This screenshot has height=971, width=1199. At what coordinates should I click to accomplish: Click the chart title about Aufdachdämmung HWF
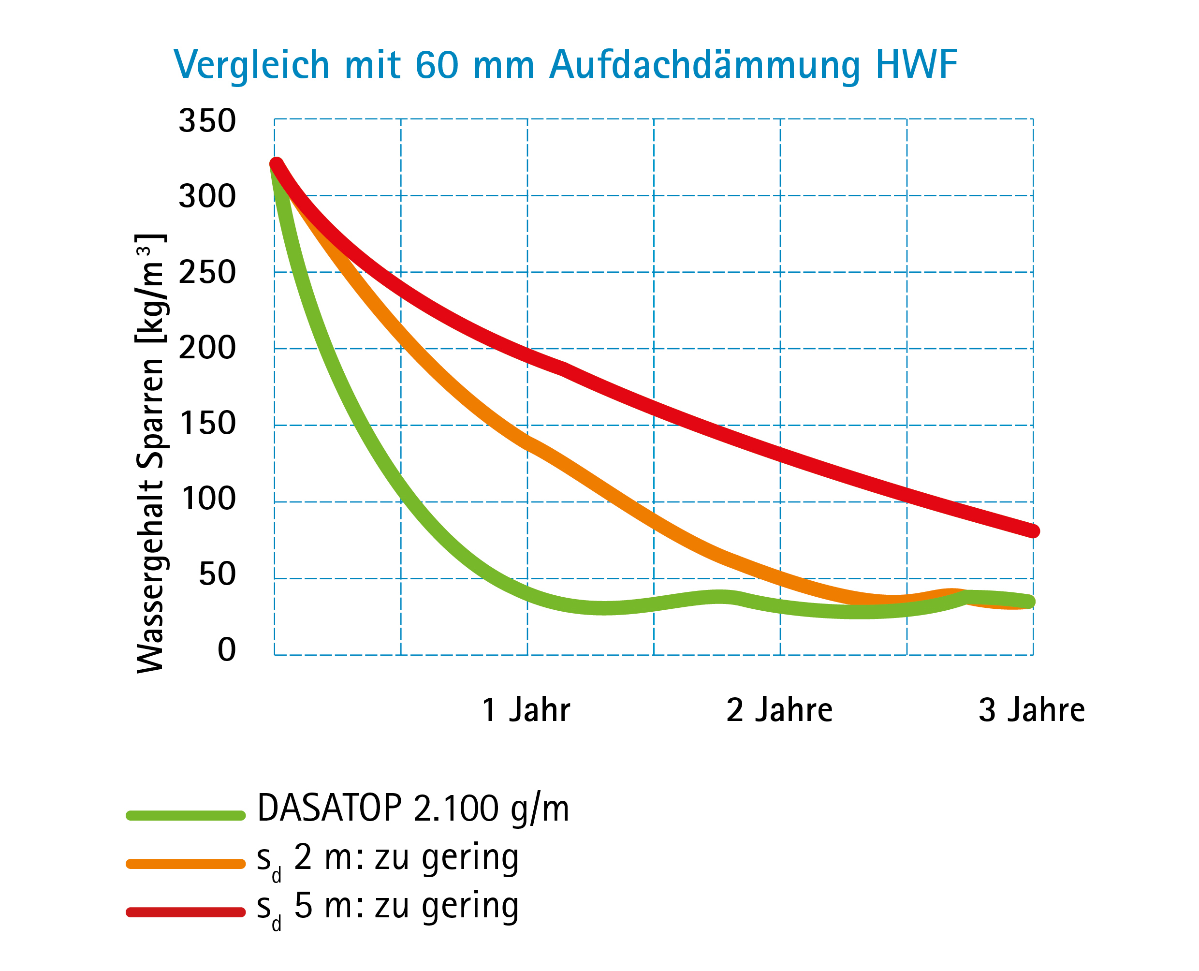click(565, 65)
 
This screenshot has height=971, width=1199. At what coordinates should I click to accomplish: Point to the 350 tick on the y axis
click(207, 121)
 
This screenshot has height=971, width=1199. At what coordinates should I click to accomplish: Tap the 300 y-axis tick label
click(207, 197)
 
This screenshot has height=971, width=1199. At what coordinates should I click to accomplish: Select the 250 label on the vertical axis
click(207, 273)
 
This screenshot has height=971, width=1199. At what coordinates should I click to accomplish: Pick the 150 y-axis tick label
click(208, 424)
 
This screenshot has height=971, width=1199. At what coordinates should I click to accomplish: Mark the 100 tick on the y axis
click(208, 499)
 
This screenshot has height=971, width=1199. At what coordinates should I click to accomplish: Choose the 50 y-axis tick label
click(217, 574)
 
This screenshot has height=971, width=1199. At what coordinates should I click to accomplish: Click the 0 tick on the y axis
click(226, 650)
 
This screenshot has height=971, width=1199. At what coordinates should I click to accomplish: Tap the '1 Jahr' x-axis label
click(526, 710)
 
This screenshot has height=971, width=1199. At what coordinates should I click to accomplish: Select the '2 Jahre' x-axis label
click(779, 710)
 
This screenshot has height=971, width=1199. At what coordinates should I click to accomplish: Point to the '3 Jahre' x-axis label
click(1031, 710)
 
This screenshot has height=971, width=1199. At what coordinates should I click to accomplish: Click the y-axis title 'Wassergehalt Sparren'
click(150, 453)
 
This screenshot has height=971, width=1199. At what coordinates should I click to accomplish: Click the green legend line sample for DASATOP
click(186, 815)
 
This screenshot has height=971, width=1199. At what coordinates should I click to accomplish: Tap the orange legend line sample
click(186, 864)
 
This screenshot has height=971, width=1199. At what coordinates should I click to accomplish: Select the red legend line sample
click(186, 912)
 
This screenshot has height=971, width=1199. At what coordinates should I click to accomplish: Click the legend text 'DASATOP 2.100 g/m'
click(413, 809)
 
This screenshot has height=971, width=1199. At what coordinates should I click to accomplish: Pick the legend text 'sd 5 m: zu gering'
click(388, 907)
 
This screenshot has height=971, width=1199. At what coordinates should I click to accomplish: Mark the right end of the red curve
click(1032, 531)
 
